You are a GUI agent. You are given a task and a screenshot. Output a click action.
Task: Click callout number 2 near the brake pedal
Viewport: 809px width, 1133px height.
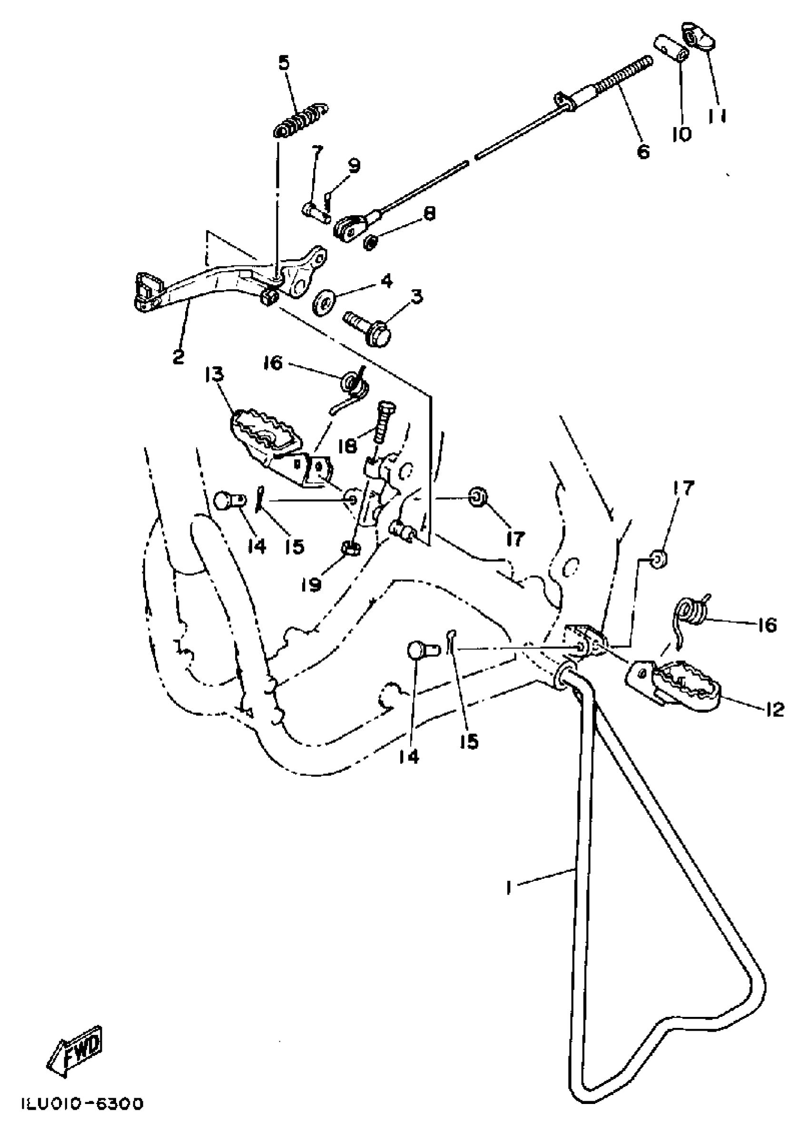(x=178, y=356)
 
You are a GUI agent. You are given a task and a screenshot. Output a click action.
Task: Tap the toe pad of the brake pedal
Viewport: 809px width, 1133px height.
(x=148, y=289)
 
